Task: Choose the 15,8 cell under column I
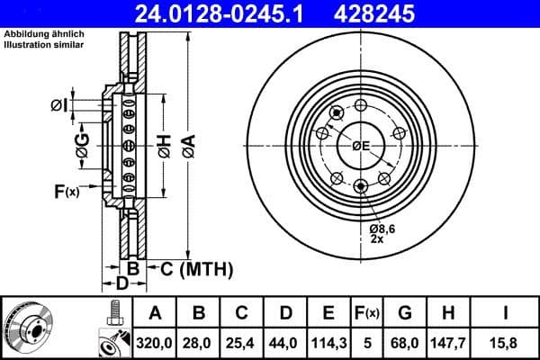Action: pyautogui.click(x=508, y=342)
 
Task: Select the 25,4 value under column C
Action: pyautogui.click(x=243, y=342)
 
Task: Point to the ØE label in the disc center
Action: pyautogui.click(x=362, y=146)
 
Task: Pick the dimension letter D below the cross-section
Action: pyautogui.click(x=120, y=285)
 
